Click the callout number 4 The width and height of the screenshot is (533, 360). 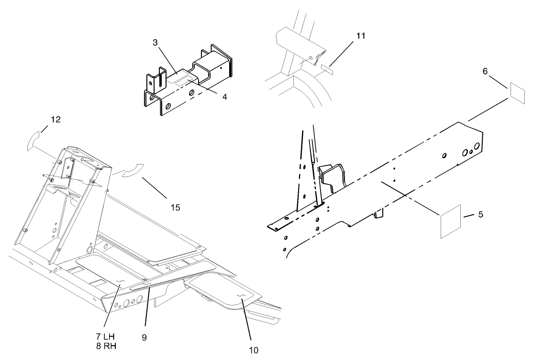224,97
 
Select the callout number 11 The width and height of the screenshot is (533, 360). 360,35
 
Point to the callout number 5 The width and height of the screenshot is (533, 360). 480,215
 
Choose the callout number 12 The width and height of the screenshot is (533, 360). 56,120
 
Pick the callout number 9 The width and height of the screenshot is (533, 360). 144,337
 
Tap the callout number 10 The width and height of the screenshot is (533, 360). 253,350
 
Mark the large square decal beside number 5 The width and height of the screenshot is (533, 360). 450,221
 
